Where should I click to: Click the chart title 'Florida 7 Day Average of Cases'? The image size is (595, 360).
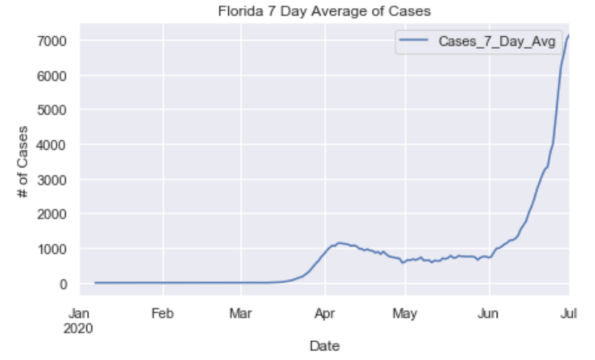pyautogui.click(x=325, y=12)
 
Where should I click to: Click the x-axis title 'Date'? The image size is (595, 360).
pyautogui.click(x=325, y=345)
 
